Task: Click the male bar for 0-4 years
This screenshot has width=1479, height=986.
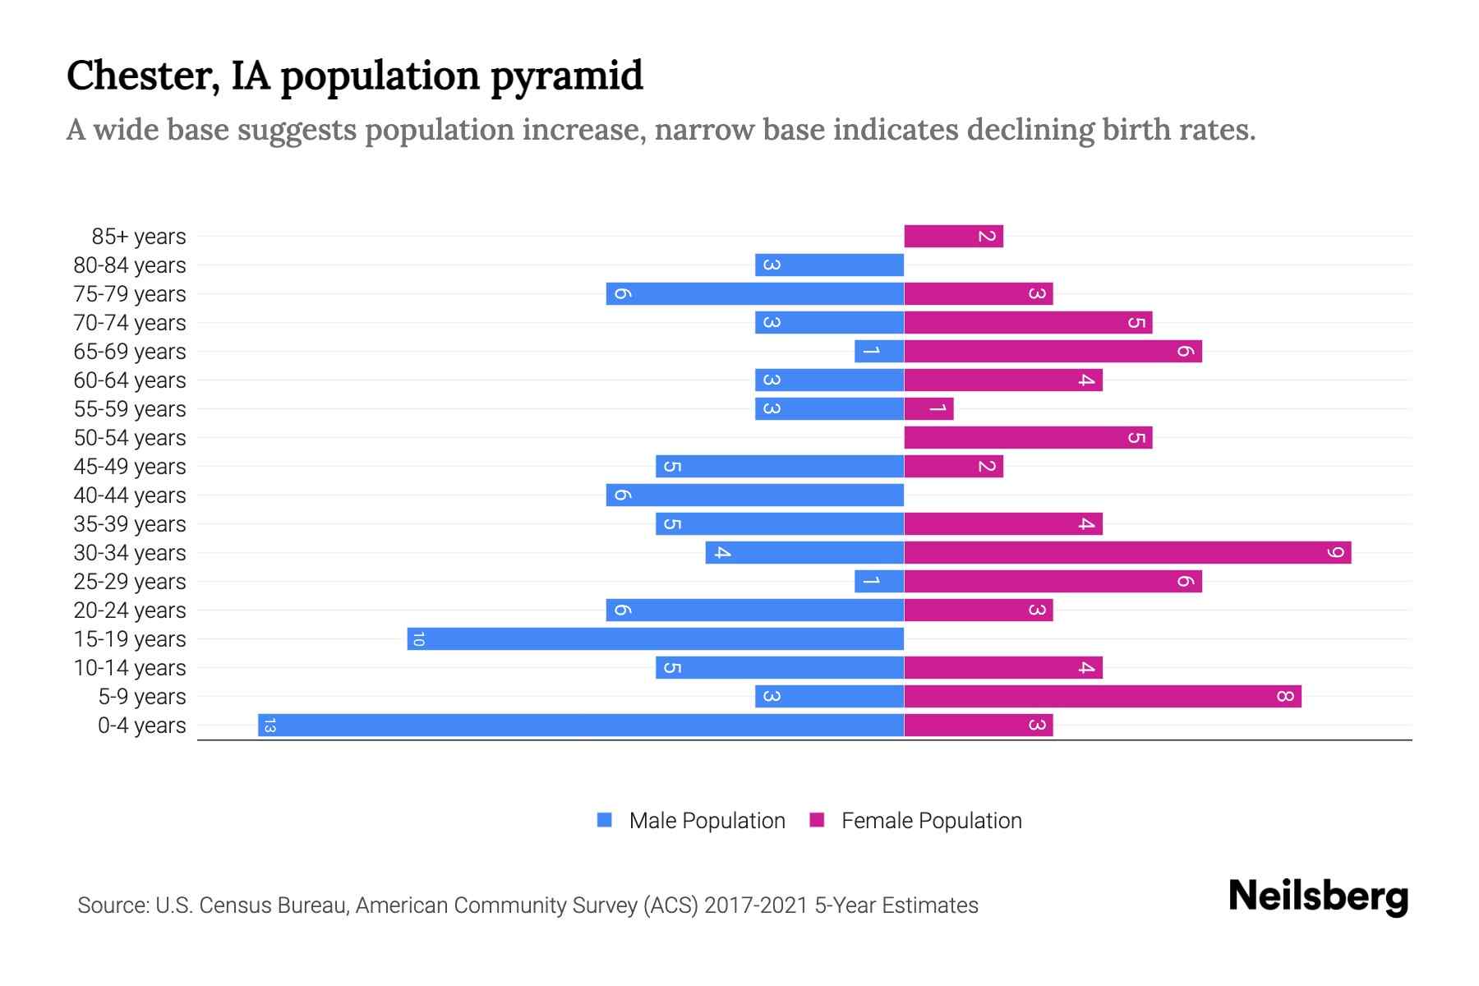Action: pos(581,725)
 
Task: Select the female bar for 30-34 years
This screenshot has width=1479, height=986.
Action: pos(1127,552)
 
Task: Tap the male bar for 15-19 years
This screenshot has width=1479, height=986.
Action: pos(656,638)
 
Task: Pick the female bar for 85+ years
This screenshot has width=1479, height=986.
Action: pos(953,237)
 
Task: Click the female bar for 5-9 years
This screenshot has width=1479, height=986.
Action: pos(1103,697)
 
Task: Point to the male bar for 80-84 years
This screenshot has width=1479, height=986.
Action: pos(829,265)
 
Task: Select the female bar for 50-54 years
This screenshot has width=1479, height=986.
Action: pos(1028,438)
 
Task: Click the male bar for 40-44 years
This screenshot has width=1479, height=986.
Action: pos(754,495)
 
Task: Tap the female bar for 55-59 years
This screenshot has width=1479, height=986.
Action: pos(928,408)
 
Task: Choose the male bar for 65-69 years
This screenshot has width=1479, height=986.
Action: pos(879,351)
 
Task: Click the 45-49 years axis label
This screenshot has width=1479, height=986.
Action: pos(130,467)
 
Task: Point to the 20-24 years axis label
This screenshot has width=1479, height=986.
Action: pos(130,610)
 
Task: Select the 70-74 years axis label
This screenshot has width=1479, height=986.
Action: pos(130,323)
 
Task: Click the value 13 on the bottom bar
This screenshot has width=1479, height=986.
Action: pos(270,725)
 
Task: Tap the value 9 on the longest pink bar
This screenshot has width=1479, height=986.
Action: pos(1336,552)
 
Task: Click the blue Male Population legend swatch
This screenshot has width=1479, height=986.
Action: pos(605,820)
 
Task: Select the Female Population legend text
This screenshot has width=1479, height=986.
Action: pos(931,820)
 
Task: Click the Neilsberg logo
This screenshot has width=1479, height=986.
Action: pos(1318,896)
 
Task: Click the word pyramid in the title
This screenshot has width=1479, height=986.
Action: pos(567,76)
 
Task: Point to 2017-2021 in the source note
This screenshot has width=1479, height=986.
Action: pos(755,905)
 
